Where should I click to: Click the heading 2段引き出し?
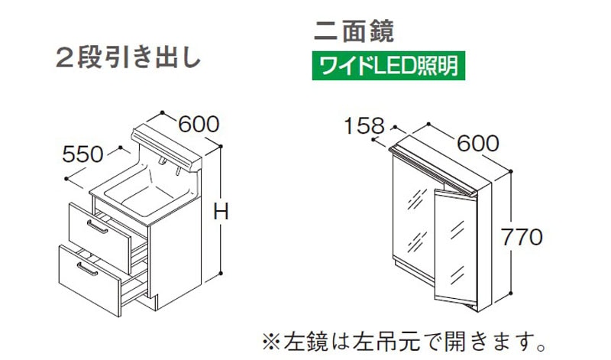128,60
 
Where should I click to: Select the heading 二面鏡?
354,31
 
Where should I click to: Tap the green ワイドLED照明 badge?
389,66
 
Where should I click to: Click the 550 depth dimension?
82,154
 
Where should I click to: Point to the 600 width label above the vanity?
199,124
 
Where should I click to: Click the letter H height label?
221,212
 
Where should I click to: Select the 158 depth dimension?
364,126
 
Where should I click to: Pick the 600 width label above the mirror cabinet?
478,143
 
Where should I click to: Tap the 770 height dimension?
522,237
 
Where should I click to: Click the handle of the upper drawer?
97,227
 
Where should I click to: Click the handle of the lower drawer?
87,269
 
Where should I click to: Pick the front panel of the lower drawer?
89,280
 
